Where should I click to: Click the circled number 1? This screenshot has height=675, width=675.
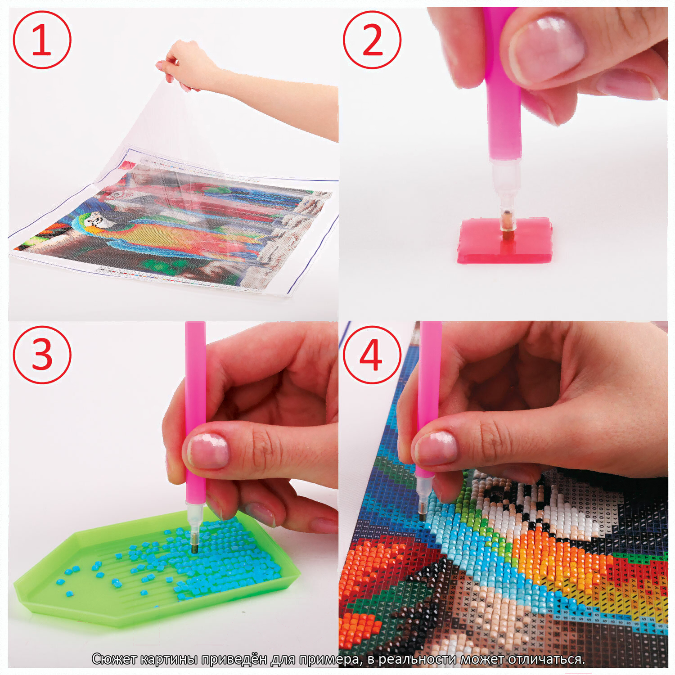pos(42,40)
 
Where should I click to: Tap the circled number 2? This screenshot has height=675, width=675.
pos(372,40)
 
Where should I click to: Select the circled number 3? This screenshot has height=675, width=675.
pos(42,355)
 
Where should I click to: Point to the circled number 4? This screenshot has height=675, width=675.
pos(372,355)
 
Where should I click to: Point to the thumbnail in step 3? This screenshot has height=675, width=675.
pos(208,450)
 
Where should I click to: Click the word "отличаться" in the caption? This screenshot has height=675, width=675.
pos(546,659)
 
